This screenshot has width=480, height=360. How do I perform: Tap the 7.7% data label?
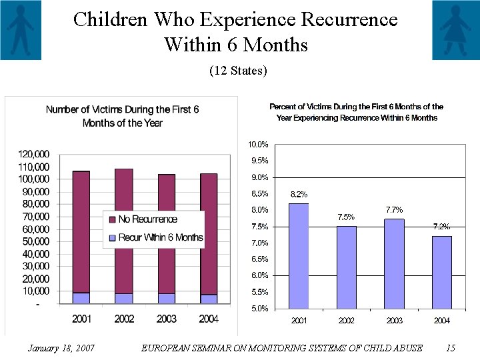click(x=394, y=210)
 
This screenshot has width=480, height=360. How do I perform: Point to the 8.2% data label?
click(x=299, y=194)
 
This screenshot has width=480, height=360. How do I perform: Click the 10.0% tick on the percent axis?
click(x=258, y=145)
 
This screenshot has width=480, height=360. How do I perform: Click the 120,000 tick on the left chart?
click(x=33, y=154)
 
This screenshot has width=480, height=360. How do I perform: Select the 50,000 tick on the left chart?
click(x=33, y=241)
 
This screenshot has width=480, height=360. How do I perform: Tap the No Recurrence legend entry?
click(x=147, y=219)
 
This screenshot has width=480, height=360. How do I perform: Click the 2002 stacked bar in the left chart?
click(x=123, y=233)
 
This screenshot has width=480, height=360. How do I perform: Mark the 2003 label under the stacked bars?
click(x=166, y=319)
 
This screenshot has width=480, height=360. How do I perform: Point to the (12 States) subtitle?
click(x=238, y=70)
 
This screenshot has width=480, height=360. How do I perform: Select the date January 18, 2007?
click(x=61, y=348)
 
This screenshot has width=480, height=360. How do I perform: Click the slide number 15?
click(x=450, y=348)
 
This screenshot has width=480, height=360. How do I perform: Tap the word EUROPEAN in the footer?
click(x=171, y=348)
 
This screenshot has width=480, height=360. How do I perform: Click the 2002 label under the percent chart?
click(x=346, y=321)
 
